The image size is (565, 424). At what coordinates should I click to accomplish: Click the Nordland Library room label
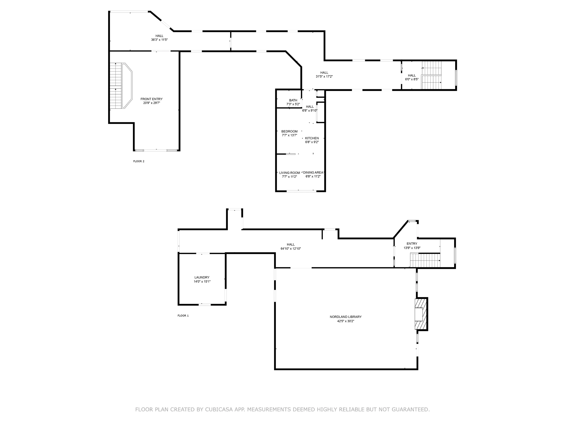click(346, 317)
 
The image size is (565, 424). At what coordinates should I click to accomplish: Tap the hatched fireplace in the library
click(420, 314)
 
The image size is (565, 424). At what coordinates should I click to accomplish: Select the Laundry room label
click(202, 277)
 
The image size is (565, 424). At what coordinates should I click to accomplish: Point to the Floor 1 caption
click(183, 316)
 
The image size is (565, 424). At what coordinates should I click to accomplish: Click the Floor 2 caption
click(139, 161)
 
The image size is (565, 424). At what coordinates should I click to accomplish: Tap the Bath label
click(293, 100)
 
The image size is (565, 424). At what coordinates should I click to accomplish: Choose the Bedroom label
click(289, 132)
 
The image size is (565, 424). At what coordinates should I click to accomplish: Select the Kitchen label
click(312, 138)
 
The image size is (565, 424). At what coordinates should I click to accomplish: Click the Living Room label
click(289, 173)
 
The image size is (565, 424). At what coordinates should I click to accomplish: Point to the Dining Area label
click(313, 173)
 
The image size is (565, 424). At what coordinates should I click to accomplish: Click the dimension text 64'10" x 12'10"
click(291, 248)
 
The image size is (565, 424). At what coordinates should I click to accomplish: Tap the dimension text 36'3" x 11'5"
click(159, 40)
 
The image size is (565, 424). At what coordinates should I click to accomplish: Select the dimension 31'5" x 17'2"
click(324, 76)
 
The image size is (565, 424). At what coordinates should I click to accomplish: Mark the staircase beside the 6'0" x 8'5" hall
click(431, 75)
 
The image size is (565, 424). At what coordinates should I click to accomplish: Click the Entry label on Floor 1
click(412, 244)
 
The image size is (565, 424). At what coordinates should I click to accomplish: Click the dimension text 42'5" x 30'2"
click(346, 321)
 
